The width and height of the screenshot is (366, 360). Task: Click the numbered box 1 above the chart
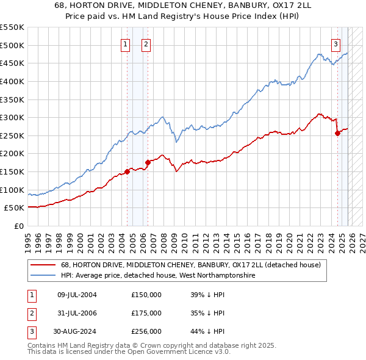pyautogui.click(x=125, y=43)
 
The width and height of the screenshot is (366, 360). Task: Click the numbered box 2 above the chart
pyautogui.click(x=147, y=43)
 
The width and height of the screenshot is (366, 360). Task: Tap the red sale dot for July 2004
pyautogui.click(x=127, y=171)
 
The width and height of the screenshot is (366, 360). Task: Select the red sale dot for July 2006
pyautogui.click(x=148, y=162)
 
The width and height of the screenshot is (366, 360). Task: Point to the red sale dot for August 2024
pyautogui.click(x=338, y=134)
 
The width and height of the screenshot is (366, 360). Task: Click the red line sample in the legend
pyautogui.click(x=43, y=265)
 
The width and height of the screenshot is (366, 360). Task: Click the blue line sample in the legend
pyautogui.click(x=43, y=276)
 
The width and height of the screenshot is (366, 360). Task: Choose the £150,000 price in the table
pyautogui.click(x=146, y=295)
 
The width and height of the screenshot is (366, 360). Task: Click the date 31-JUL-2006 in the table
pyautogui.click(x=77, y=313)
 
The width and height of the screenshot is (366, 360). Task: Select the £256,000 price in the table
pyautogui.click(x=146, y=331)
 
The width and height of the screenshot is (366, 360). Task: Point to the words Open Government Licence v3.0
pyautogui.click(x=180, y=352)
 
